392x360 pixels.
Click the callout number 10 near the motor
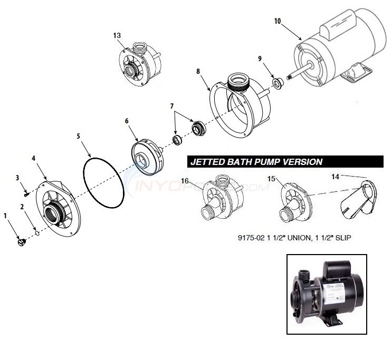[x=278, y=22]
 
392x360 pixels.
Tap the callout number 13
[x=117, y=35]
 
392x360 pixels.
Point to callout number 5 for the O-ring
[x=79, y=135]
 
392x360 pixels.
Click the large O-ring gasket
[x=103, y=181]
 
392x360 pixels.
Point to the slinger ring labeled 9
[x=276, y=83]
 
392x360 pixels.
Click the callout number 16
[x=184, y=181]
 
